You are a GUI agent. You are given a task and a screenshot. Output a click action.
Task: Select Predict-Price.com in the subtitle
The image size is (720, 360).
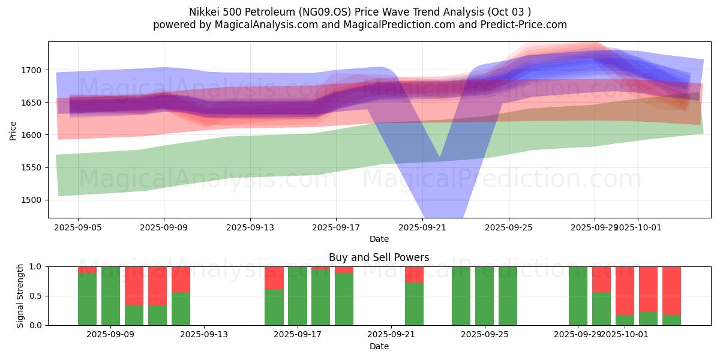point(523,25)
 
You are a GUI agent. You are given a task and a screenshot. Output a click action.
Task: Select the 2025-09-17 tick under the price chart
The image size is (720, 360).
point(336,227)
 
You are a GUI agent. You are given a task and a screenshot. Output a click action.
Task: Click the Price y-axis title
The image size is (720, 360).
point(13,130)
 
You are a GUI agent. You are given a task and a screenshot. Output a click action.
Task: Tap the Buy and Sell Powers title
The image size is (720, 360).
point(379,257)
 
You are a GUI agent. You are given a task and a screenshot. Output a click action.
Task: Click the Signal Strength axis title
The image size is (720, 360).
point(20,295)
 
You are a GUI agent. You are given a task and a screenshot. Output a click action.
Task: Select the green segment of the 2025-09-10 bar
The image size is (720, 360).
point(134,315)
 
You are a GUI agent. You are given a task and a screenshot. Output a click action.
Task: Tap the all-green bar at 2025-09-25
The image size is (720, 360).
point(508,296)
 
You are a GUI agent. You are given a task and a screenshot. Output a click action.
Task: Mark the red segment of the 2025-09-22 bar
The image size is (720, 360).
point(414,274)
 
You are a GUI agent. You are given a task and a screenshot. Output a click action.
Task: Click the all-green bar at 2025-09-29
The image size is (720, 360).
point(578,296)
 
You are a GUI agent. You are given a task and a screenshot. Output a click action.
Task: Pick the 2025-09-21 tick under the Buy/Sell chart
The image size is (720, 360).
point(391,335)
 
